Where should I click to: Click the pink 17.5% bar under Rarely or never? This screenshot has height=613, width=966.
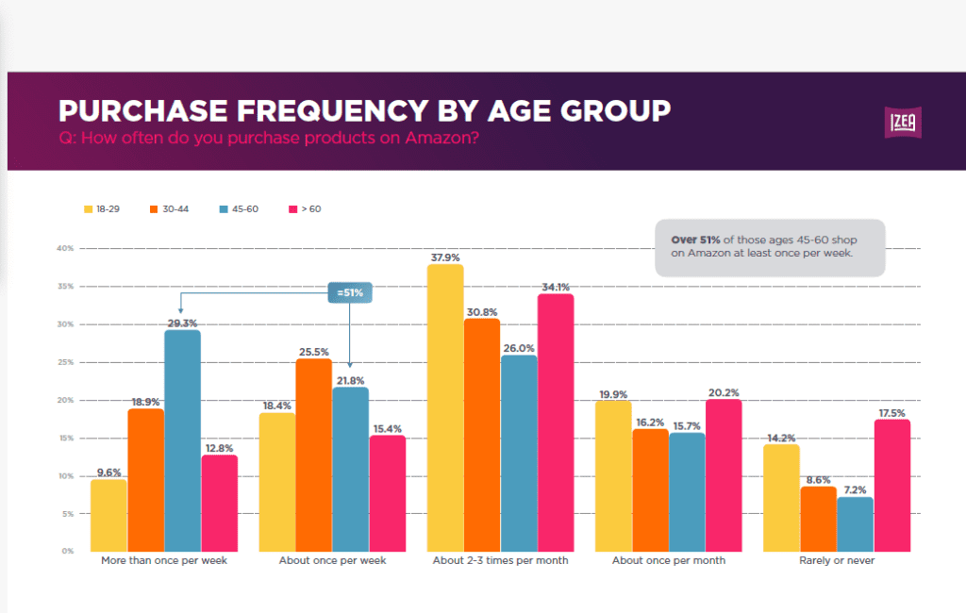tap(892, 485)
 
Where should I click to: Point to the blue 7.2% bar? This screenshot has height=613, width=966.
tap(855, 523)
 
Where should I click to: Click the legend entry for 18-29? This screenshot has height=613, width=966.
tap(102, 208)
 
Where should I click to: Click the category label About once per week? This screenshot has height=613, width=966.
tap(332, 560)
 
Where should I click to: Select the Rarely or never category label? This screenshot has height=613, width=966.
tap(837, 560)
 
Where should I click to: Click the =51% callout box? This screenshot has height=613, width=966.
tap(350, 292)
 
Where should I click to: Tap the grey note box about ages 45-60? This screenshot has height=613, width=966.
tap(770, 247)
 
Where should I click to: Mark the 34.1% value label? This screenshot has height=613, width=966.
tap(556, 287)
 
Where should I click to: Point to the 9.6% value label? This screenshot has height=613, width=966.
tap(108, 472)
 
